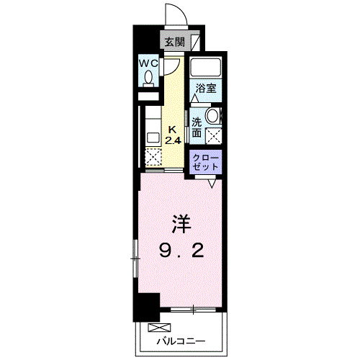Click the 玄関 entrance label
(174, 42)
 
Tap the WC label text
(149, 63)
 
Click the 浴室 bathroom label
(206, 89)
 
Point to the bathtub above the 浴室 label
(206, 67)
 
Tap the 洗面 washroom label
(197, 127)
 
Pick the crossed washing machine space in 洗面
(214, 136)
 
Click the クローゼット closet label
(206, 162)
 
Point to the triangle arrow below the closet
(212, 184)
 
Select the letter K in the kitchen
(172, 130)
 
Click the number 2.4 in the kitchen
(173, 140)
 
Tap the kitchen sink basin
(153, 138)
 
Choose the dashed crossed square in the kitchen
(153, 157)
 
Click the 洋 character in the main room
(181, 224)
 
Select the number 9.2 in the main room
(181, 250)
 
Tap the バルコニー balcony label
(181, 341)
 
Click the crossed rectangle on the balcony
(159, 328)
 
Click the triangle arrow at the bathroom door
(194, 98)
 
